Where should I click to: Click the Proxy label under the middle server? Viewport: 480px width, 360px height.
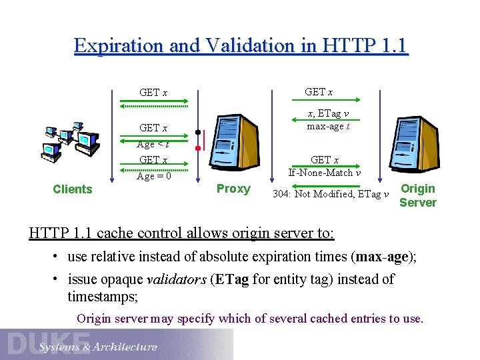click(233, 189)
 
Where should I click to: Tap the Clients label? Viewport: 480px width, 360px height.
click(72, 189)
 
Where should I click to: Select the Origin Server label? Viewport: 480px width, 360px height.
click(417, 195)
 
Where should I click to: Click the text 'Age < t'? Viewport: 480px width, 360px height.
click(153, 144)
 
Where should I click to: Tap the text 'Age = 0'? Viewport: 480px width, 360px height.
click(154, 176)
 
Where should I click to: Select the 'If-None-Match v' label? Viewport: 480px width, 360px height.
click(325, 173)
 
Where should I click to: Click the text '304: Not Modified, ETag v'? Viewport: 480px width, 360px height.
click(331, 194)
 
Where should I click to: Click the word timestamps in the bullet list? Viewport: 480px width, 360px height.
click(102, 296)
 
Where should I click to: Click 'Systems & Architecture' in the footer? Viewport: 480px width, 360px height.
click(97, 347)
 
